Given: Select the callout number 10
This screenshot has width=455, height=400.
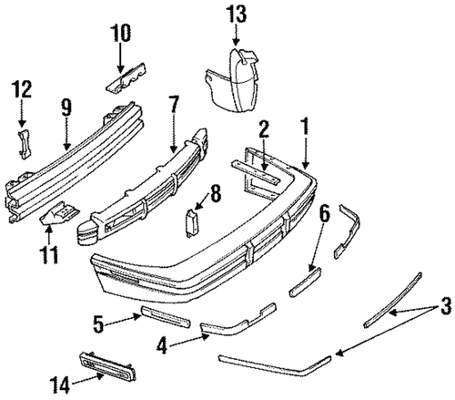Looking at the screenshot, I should tap(121, 34).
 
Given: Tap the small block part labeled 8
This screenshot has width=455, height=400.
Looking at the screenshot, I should tap(190, 223).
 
